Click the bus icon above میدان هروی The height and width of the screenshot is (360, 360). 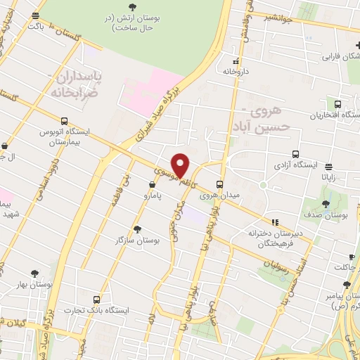coord(220,185)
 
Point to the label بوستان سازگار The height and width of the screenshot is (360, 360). coord(137,240)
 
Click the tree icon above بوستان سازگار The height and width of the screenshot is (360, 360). coord(137,229)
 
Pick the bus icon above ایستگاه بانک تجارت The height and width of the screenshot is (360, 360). coord(96,299)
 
